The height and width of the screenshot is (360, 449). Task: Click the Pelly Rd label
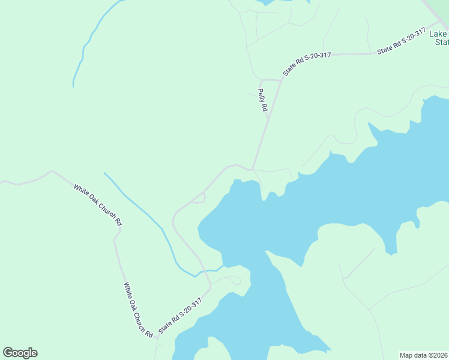click(x=262, y=101)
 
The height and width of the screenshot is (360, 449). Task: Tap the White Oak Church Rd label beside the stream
click(x=98, y=205)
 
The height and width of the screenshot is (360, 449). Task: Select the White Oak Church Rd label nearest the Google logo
click(x=138, y=309)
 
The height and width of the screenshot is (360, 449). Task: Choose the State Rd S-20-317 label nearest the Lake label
click(x=401, y=42)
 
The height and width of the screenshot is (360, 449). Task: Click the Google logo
click(x=20, y=353)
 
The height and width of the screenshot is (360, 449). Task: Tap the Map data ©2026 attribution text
click(x=424, y=355)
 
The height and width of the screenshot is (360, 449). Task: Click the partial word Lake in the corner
click(x=439, y=34)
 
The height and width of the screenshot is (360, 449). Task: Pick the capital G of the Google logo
click(x=8, y=353)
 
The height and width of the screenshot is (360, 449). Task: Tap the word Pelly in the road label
click(x=261, y=95)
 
